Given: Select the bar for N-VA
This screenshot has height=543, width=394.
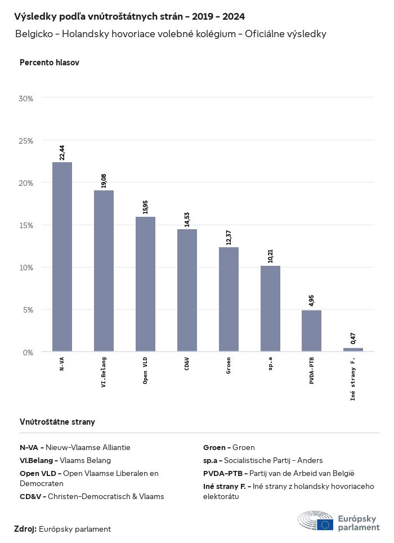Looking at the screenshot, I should click(x=62, y=256).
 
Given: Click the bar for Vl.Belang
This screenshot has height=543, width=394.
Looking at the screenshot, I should click(x=104, y=271).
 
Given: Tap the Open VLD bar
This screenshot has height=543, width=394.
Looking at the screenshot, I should click(x=145, y=284).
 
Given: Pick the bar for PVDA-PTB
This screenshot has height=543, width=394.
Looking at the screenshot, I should click(x=311, y=331).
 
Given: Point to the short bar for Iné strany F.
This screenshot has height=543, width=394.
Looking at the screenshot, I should click(x=353, y=350).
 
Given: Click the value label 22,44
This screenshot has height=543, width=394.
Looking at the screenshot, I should click(x=62, y=152).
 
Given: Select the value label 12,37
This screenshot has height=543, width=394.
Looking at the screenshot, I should click(x=229, y=237).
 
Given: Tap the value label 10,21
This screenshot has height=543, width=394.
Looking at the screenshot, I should click(x=270, y=256).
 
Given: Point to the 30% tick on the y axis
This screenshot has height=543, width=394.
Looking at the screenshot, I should click(x=26, y=99).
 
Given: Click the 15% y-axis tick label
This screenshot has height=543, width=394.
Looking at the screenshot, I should click(x=26, y=225).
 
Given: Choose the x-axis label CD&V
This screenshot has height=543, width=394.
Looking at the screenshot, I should click(x=187, y=363).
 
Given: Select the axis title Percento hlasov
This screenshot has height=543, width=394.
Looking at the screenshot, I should click(x=50, y=63).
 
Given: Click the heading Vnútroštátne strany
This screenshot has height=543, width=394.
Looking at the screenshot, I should click(x=57, y=421).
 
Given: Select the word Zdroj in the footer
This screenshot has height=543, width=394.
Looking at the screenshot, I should click(x=25, y=529).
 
